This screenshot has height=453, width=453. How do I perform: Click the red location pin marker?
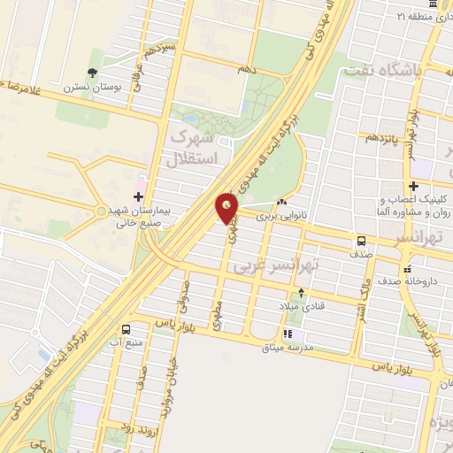click(227, 209)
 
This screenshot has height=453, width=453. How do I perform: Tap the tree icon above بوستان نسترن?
click(91, 73)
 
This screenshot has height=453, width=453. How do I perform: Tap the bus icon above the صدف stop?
click(361, 242)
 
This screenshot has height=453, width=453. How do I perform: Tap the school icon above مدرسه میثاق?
click(288, 334)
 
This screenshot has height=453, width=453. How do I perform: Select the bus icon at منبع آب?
click(126, 327)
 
